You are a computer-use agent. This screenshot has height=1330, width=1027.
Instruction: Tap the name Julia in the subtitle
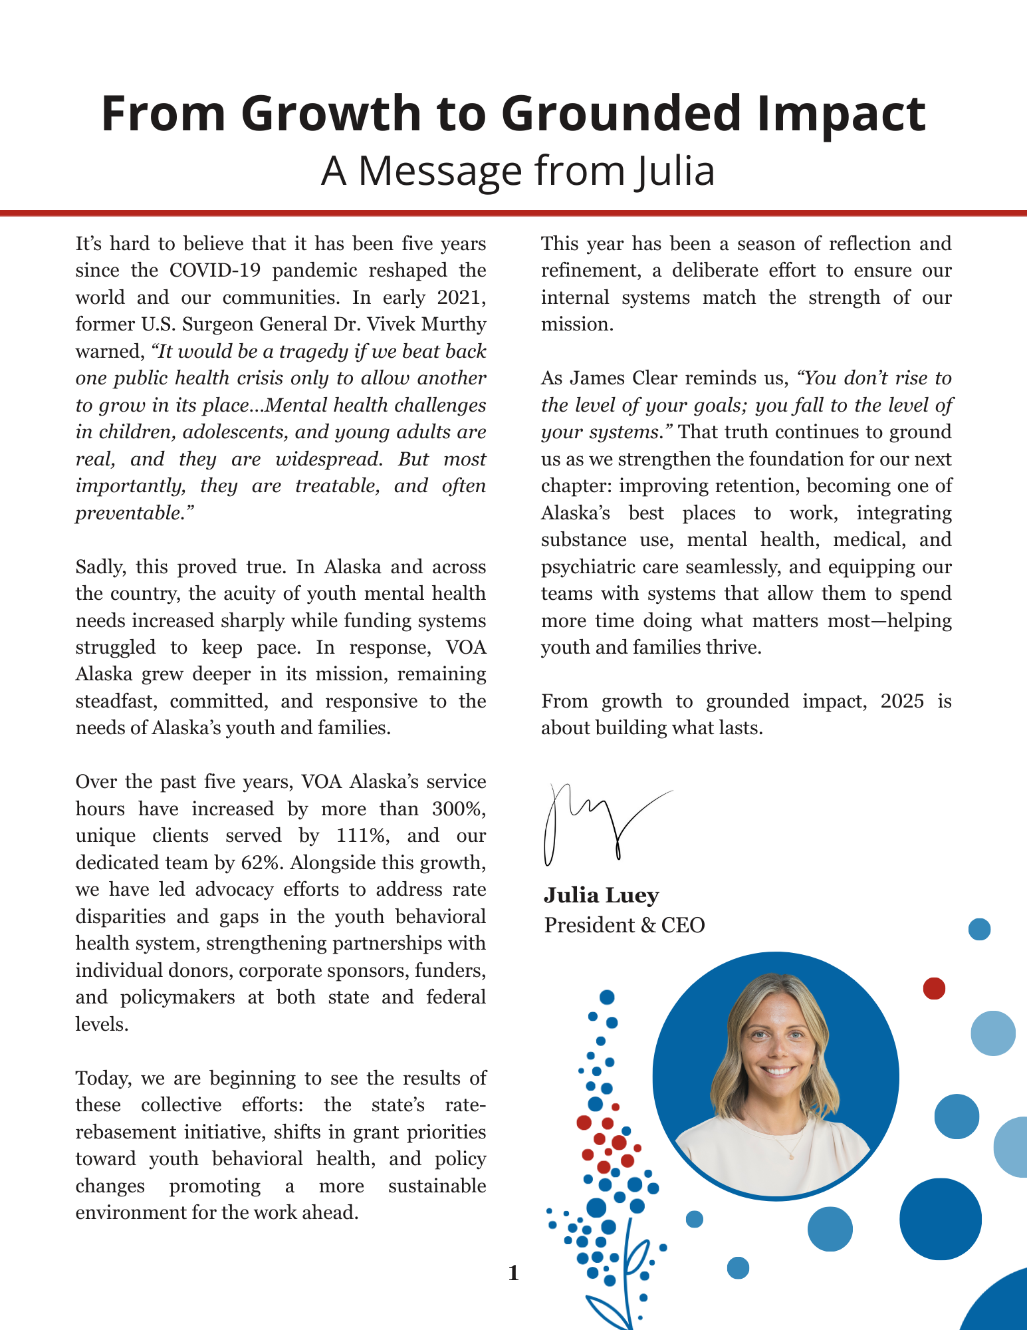pyautogui.click(x=673, y=171)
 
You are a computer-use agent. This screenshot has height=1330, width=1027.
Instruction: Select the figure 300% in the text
pyautogui.click(x=459, y=809)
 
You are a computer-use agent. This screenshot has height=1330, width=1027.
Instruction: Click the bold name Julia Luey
pyautogui.click(x=601, y=896)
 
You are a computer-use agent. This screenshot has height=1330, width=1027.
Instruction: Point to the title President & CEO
pyautogui.click(x=624, y=925)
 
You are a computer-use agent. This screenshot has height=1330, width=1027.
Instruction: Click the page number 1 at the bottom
pyautogui.click(x=513, y=1273)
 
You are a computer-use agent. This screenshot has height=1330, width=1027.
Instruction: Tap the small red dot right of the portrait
pyautogui.click(x=934, y=989)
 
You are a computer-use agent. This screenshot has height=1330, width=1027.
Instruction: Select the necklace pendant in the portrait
pyautogui.click(x=791, y=1156)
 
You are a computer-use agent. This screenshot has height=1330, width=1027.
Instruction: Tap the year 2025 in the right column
pyautogui.click(x=902, y=702)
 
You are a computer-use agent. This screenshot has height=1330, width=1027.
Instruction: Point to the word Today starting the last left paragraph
pyautogui.click(x=102, y=1078)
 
